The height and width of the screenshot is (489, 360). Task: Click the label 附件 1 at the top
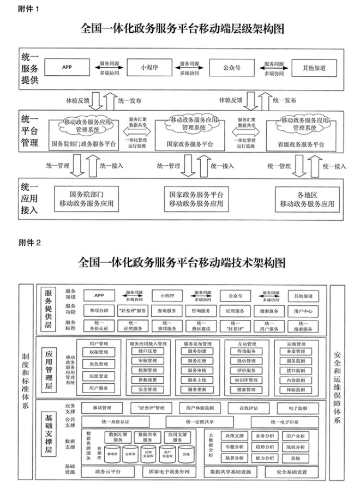pos(29,9)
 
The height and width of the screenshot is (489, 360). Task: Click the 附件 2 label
pos(30,243)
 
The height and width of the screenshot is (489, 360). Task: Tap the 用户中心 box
pos(302,311)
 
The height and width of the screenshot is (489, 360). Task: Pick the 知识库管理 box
pos(247,380)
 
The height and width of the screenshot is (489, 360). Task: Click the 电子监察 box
pos(302,408)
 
